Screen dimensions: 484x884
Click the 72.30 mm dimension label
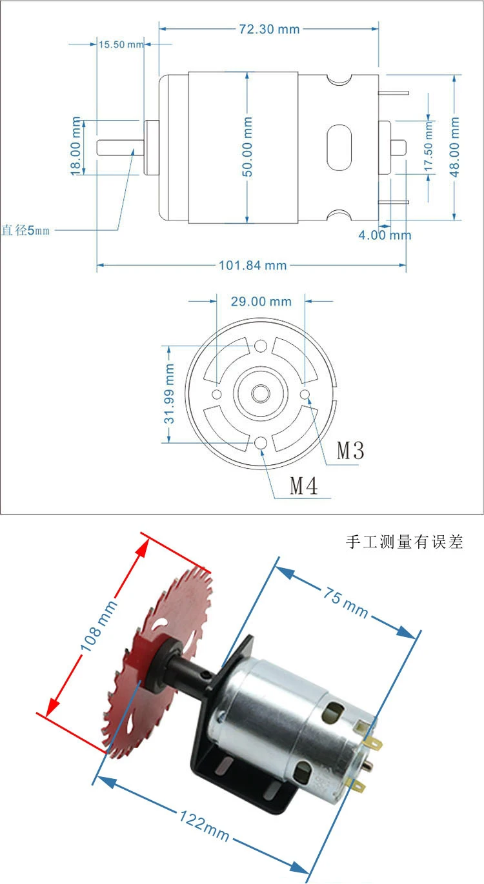pyautogui.click(x=269, y=29)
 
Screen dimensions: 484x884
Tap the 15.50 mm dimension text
pyautogui.click(x=121, y=44)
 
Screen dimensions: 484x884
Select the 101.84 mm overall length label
pyautogui.click(x=253, y=265)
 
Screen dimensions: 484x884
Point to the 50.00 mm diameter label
pyautogui.click(x=247, y=146)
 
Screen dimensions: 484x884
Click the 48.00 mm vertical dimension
pyautogui.click(x=454, y=147)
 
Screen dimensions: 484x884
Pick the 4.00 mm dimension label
pyautogui.click(x=385, y=235)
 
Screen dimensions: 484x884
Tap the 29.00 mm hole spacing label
pyautogui.click(x=261, y=302)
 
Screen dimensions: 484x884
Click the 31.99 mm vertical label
pyautogui.click(x=168, y=394)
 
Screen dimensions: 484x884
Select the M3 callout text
pyautogui.click(x=350, y=450)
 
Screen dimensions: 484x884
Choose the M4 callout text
pyautogui.click(x=304, y=486)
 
